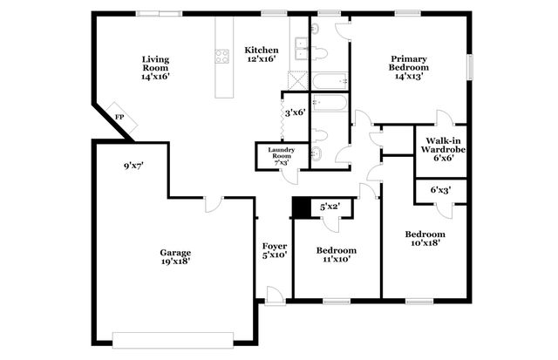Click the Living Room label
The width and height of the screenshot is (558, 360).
point(155,67)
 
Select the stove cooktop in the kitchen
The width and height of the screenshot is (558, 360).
point(221,58)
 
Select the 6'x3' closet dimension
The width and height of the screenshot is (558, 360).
point(441,189)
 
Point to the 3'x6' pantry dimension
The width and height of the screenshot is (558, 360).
point(293,112)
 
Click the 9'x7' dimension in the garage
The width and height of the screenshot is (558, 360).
point(133,165)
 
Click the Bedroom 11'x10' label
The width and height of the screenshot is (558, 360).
point(335,255)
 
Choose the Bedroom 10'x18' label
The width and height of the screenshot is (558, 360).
point(425,239)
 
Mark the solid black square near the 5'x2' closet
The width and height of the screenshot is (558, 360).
point(302,207)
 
